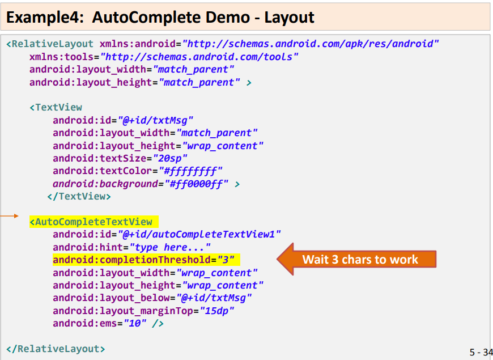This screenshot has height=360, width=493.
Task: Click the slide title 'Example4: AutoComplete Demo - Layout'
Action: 160,17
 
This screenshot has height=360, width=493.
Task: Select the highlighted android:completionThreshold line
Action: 146,260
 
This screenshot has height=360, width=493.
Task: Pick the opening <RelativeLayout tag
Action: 51,44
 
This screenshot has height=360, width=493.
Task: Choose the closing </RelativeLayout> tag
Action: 56,349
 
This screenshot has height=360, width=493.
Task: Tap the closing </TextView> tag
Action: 79,196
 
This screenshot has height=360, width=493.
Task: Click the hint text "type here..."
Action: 171,247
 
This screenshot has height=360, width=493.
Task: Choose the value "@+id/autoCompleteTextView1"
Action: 199,234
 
